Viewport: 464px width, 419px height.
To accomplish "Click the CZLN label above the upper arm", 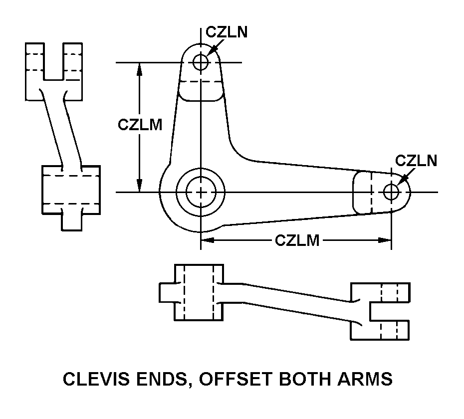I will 227,32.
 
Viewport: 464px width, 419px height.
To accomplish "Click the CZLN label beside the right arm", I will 416,161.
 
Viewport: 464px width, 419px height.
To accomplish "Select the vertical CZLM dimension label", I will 140,124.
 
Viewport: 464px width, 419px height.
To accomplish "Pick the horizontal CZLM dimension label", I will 297,240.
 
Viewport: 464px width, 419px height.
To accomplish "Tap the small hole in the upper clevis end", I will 201,62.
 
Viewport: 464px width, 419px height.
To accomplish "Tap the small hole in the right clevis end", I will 391,192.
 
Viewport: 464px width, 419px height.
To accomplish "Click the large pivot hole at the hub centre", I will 201,192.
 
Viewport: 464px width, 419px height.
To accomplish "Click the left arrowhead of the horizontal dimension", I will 207,240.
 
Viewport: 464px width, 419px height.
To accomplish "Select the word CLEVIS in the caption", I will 92,380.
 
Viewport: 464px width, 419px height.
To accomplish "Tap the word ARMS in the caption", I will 367,380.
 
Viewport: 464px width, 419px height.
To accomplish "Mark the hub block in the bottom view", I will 198,292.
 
